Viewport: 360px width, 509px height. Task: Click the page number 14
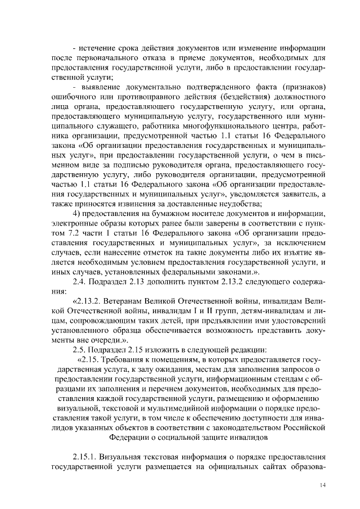coord(322,485)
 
